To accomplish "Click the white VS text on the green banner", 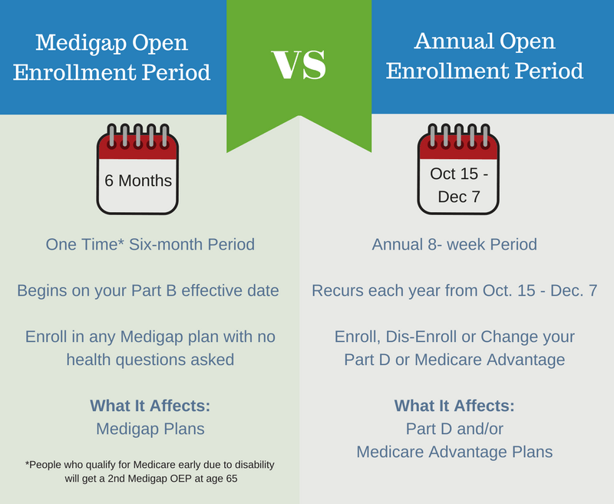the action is (x=299, y=65).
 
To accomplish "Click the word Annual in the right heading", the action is (x=454, y=41).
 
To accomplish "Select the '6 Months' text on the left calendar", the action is (x=138, y=181).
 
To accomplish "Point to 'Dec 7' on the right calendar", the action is (x=458, y=197).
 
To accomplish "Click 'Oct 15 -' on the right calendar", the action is (x=459, y=174).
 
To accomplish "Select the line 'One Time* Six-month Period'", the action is (x=150, y=244).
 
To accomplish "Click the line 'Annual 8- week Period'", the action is (x=454, y=244).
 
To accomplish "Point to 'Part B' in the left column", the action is (x=153, y=290).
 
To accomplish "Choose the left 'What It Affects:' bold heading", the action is (x=150, y=406).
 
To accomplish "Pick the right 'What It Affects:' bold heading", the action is (x=454, y=406).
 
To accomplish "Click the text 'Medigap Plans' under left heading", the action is (x=150, y=429).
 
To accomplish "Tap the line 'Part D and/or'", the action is (x=454, y=429).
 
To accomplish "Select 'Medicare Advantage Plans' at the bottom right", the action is (x=454, y=452).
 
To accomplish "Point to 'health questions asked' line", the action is (x=150, y=360).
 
